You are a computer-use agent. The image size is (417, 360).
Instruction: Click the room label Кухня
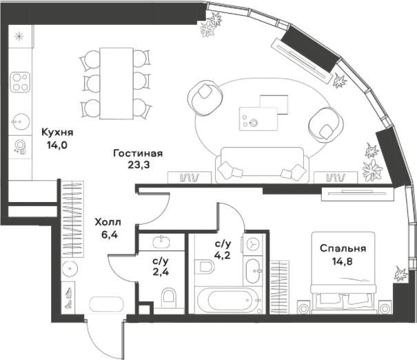(x=57, y=132)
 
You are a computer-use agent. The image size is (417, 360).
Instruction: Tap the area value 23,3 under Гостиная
(x=138, y=165)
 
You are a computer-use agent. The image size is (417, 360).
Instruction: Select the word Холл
(x=107, y=222)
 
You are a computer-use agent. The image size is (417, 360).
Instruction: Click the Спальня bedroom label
(x=343, y=248)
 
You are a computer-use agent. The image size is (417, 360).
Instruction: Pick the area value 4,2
(x=223, y=256)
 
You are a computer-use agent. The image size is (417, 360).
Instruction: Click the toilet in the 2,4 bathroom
(x=169, y=297)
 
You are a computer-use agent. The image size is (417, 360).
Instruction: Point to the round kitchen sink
(x=19, y=121)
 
